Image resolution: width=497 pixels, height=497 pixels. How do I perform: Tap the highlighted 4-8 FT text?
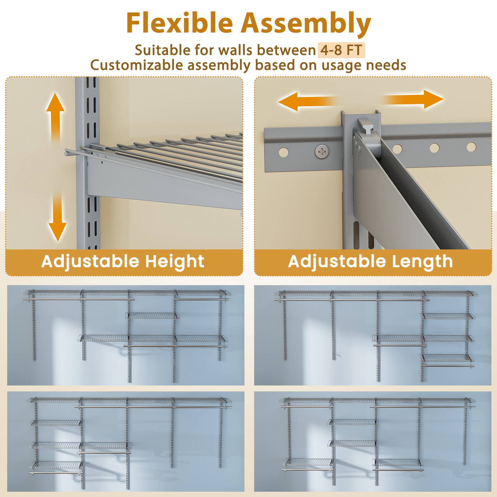point(341,50)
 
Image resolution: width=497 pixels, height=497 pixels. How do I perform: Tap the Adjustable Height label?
point(123,261)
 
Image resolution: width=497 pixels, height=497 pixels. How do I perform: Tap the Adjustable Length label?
point(370,261)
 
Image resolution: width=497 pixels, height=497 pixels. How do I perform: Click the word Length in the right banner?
point(422,261)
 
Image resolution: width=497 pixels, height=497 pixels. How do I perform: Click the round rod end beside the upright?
point(67,153)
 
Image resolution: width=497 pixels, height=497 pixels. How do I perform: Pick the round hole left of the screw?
point(283,153)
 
